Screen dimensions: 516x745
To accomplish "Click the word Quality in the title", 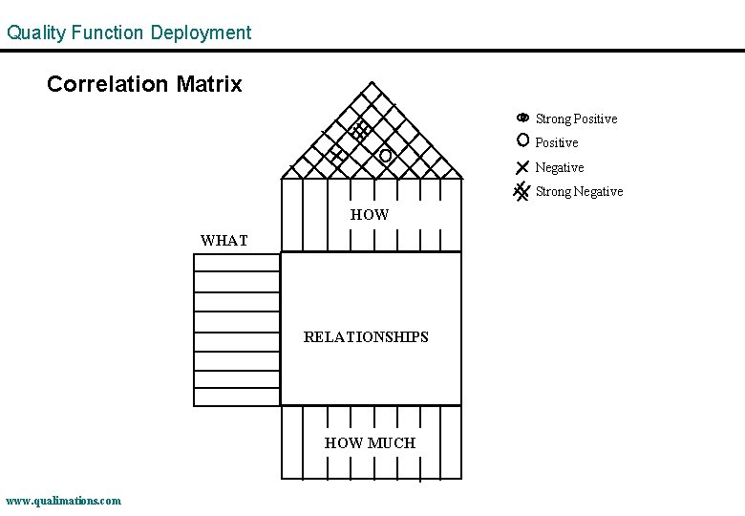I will click(35, 32).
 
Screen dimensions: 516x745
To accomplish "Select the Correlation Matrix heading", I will click(144, 84).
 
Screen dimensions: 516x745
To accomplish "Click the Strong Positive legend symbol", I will click(522, 118).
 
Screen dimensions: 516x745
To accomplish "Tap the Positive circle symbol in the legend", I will click(522, 140).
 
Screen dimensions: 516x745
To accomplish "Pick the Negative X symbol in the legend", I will click(522, 166).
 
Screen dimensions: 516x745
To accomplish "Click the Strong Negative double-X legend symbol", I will click(521, 190).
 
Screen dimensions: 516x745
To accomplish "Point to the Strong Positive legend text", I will click(576, 118).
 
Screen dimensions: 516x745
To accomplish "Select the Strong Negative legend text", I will click(579, 191).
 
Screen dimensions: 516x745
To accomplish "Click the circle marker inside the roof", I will click(385, 155).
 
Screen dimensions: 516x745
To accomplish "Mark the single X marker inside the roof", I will click(335, 155).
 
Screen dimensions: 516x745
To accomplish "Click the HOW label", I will click(370, 215).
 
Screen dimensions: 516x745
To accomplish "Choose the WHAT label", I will click(223, 241).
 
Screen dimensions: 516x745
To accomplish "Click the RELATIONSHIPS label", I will click(366, 336).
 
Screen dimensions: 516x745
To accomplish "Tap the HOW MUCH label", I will click(370, 442).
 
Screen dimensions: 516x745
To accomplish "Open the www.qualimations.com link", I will click(63, 500).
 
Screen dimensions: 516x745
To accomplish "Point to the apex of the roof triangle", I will click(372, 82).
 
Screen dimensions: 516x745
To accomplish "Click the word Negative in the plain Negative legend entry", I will click(560, 167).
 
